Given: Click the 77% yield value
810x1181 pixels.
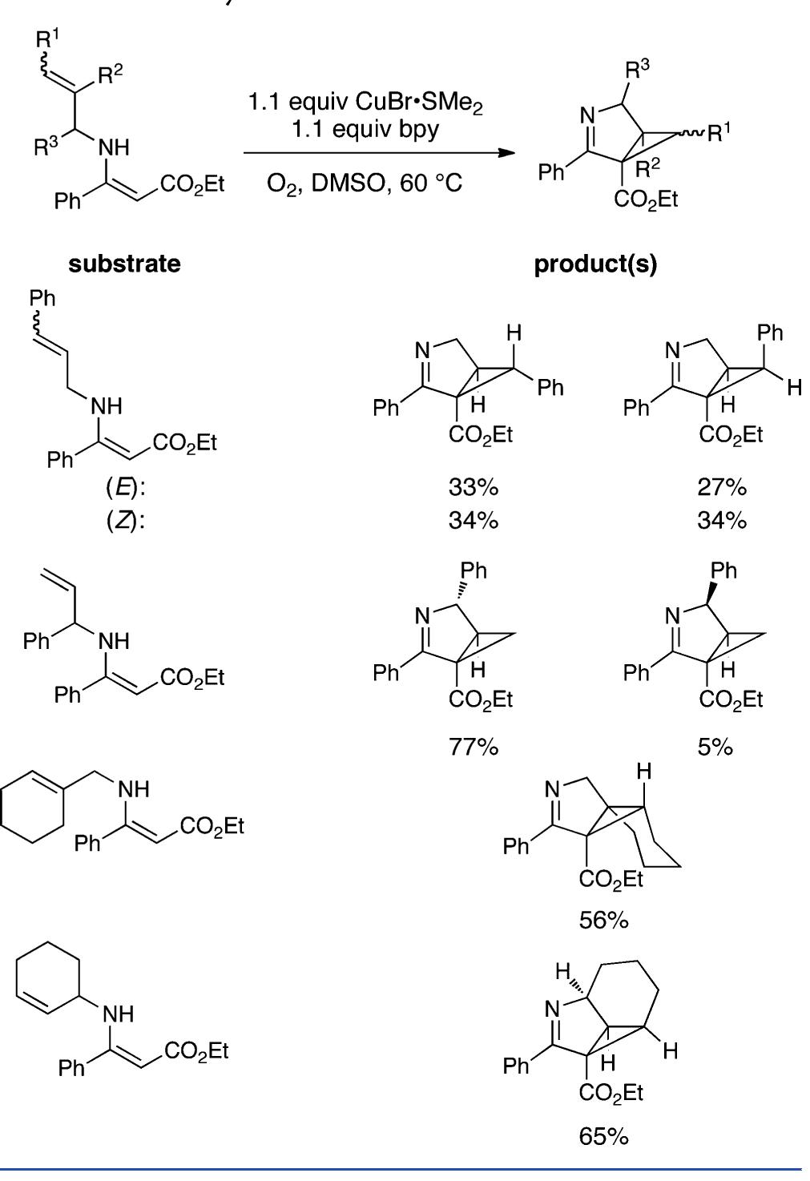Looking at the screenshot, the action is click(x=473, y=747).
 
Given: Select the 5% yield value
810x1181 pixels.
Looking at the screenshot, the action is click(x=715, y=747).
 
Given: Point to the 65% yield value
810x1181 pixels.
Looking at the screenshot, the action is click(x=604, y=1136).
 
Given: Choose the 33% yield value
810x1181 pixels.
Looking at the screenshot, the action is click(x=473, y=487).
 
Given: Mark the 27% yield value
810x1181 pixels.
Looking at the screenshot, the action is click(x=722, y=487).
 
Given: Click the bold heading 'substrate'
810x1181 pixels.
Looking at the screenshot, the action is click(x=124, y=264).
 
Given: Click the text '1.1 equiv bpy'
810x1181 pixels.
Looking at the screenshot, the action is click(x=365, y=129).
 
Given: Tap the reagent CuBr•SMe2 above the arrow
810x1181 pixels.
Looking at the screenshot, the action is click(x=419, y=103).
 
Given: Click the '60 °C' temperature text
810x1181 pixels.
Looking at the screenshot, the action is click(x=431, y=183).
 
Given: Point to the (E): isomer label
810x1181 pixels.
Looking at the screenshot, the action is click(x=126, y=488).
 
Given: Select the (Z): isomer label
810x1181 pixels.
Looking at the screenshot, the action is click(x=126, y=522).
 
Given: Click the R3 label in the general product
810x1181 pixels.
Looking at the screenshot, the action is click(x=637, y=70).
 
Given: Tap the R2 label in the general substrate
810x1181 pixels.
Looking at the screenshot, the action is click(x=110, y=76).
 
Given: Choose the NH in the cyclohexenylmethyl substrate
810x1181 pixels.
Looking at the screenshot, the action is click(x=134, y=789).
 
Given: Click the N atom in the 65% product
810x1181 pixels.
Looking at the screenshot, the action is click(x=552, y=1009).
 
